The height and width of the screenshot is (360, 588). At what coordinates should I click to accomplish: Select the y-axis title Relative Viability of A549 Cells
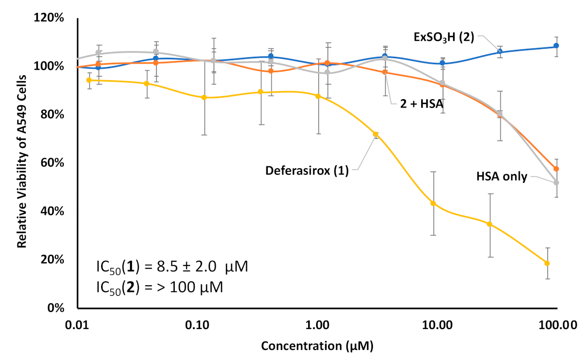coord(22,163)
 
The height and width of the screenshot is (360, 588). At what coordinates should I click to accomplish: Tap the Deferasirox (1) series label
coord(306,171)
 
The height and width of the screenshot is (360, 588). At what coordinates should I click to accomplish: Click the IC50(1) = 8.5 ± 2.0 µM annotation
coord(172,266)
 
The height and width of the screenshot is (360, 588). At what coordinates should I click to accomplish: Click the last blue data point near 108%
coord(556,46)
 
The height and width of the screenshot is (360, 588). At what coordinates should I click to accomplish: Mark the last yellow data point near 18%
coord(547,263)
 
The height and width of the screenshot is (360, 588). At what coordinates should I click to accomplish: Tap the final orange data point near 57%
coord(556,169)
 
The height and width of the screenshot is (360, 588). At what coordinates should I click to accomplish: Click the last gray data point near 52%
coord(556,183)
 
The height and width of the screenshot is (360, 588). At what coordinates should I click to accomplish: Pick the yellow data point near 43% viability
coord(433,203)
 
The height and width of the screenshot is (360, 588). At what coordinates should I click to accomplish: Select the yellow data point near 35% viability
coord(489,224)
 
